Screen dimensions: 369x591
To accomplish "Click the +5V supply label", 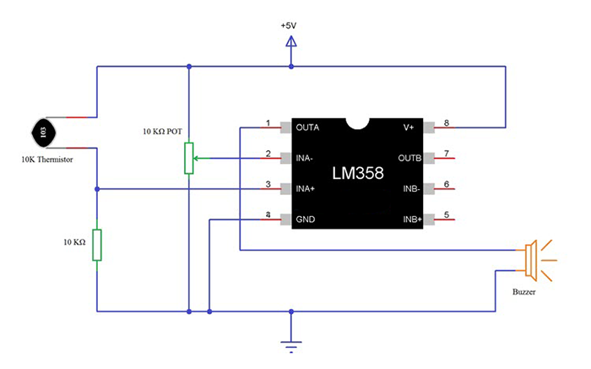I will pyautogui.click(x=290, y=25).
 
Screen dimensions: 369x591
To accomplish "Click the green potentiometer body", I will pyautogui.click(x=190, y=158).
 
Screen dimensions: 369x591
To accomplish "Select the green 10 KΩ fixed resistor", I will pyautogui.click(x=97, y=244).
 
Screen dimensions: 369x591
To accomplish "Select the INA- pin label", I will pyautogui.click(x=306, y=158).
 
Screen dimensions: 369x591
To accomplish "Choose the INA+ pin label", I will pyautogui.click(x=306, y=189).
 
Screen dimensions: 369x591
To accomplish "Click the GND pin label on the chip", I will pyautogui.click(x=305, y=220).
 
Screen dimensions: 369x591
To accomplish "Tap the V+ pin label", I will pyautogui.click(x=409, y=128).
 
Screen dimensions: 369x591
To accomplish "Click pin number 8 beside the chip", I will pyautogui.click(x=446, y=123).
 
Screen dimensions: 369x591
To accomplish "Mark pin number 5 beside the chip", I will pyautogui.click(x=446, y=215).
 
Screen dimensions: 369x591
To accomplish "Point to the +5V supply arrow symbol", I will pyautogui.click(x=291, y=42).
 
